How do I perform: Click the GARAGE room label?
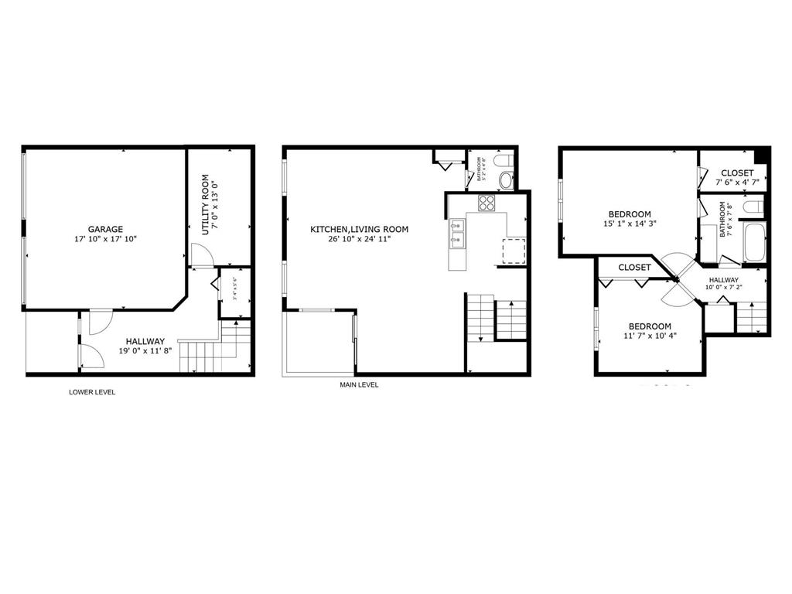click(x=105, y=229)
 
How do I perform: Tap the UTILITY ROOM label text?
click(x=206, y=205)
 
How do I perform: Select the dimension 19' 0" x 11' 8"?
click(x=145, y=350)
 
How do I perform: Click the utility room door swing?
click(x=200, y=255)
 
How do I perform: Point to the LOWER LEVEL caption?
click(x=92, y=392)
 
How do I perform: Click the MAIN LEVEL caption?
click(x=359, y=385)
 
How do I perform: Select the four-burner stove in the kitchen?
click(x=486, y=203)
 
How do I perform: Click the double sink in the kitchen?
click(x=457, y=233)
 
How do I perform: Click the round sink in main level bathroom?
click(x=506, y=181)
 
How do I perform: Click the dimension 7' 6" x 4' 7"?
click(x=737, y=183)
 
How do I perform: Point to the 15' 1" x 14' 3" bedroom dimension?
click(x=629, y=224)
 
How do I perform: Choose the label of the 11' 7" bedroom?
click(x=649, y=326)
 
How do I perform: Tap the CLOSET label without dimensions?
click(x=634, y=268)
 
